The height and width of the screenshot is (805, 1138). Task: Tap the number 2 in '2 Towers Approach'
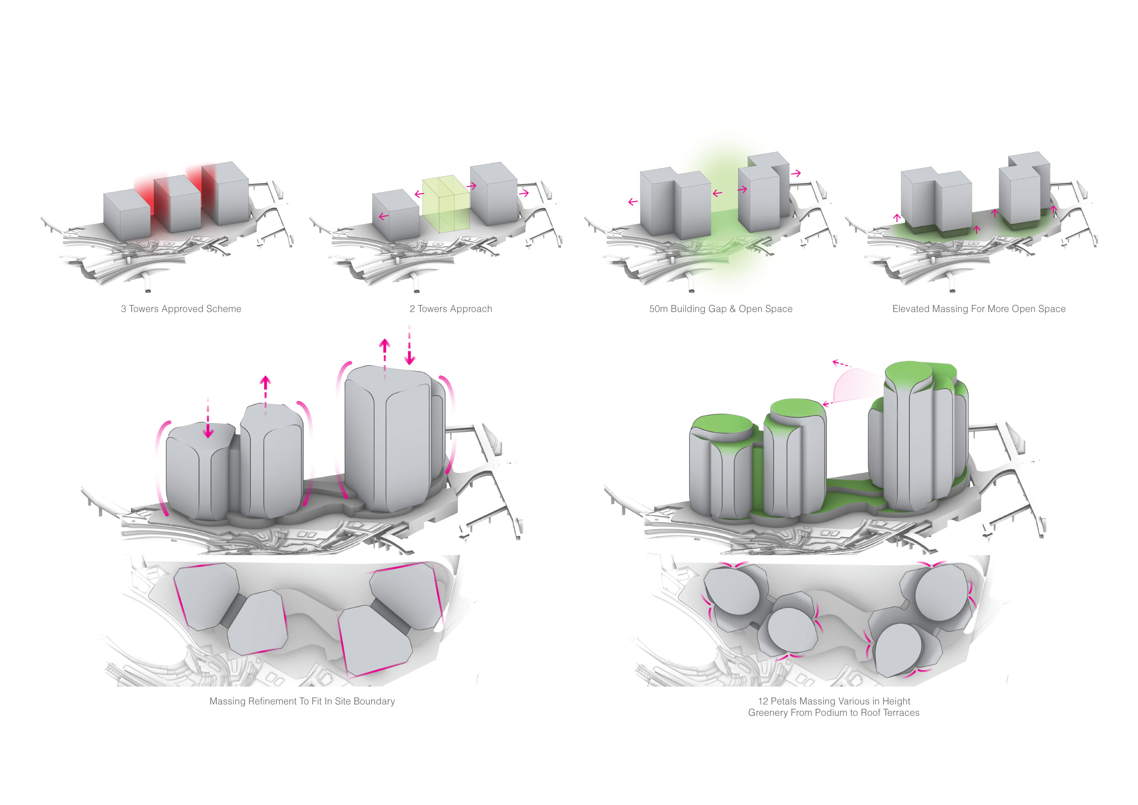point(412,309)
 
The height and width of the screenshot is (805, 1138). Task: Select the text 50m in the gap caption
point(658,309)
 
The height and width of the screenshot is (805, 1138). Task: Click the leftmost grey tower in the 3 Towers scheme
point(126,216)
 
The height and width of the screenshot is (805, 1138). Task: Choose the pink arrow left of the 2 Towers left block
point(383,216)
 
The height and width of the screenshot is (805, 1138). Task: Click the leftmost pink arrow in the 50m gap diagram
point(633,202)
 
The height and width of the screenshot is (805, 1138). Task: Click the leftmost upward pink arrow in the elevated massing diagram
point(897,217)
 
